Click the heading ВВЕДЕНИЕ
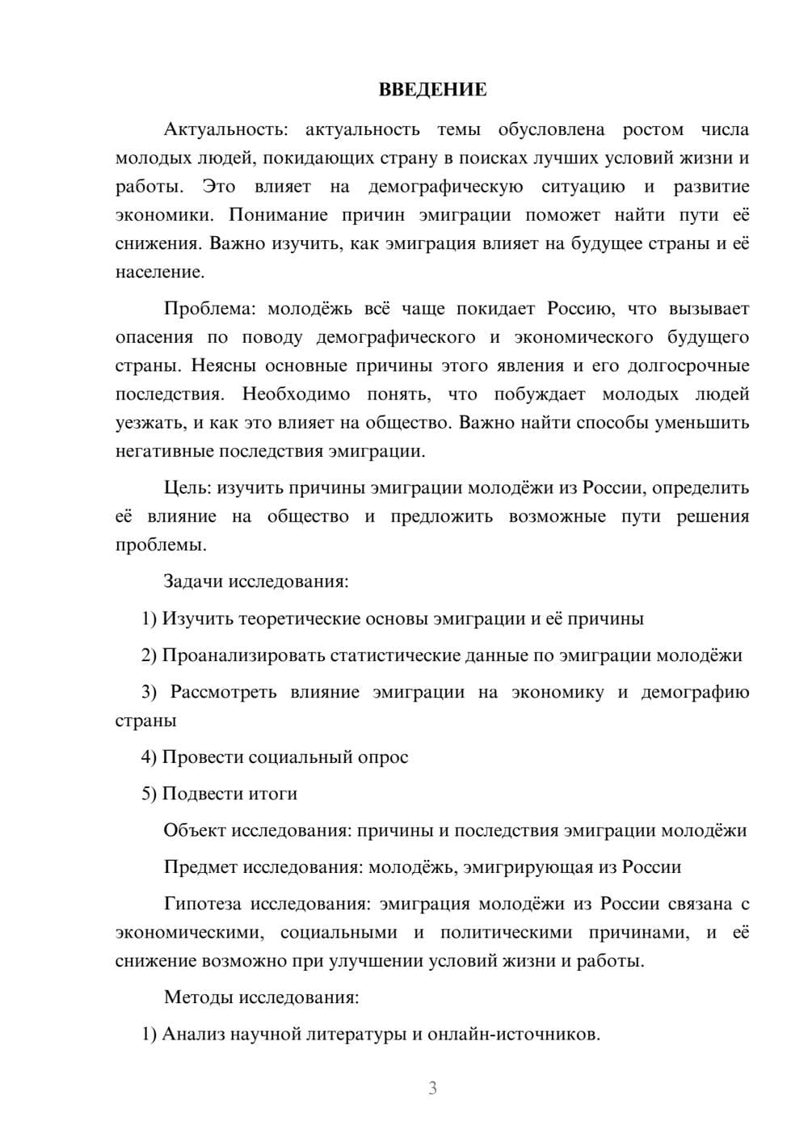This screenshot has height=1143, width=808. (432, 90)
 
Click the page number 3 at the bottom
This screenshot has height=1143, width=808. (432, 1088)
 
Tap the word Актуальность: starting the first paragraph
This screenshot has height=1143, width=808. (224, 129)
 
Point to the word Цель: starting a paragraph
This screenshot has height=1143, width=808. (187, 488)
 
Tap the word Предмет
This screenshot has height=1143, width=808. (200, 867)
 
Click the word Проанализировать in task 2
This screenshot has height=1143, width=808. (243, 656)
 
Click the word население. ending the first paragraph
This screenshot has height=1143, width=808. (160, 272)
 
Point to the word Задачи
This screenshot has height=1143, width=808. (194, 582)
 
